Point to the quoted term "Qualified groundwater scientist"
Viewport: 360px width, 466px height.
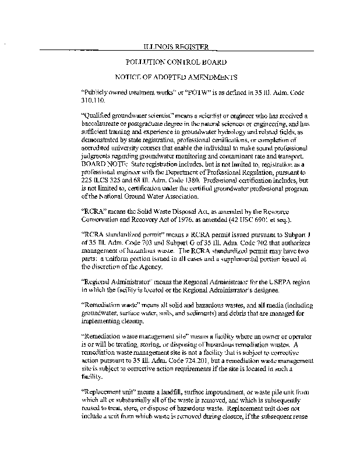click(x=122, y=116)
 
